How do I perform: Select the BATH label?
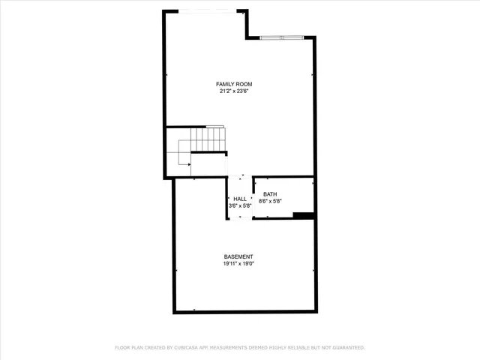pyautogui.click(x=269, y=194)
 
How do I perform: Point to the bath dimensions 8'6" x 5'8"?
pyautogui.click(x=269, y=201)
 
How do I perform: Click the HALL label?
pyautogui.click(x=239, y=199)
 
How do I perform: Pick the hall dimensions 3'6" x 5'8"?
pyautogui.click(x=239, y=205)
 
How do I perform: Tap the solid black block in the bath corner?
pyautogui.click(x=304, y=216)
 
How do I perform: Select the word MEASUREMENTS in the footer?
pyautogui.click(x=230, y=347)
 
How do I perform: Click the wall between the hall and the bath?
pyautogui.click(x=253, y=196)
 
